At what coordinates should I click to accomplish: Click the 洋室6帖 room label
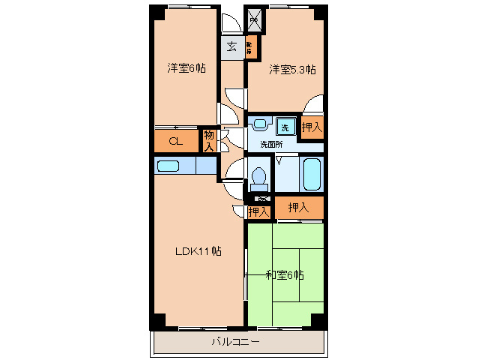[187, 68]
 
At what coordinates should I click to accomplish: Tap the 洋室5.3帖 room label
[292, 70]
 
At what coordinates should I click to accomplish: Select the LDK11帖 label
[199, 251]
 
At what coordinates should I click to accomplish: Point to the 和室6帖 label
[285, 274]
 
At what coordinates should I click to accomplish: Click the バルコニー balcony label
[235, 342]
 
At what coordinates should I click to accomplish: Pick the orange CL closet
[175, 141]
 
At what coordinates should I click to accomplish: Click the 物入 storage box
[209, 140]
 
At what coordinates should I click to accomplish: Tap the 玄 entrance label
[232, 46]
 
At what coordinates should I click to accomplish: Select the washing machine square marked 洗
[285, 126]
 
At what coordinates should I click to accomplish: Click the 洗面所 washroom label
[271, 144]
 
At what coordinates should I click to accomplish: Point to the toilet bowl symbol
[259, 178]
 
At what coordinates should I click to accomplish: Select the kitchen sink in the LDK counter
[175, 165]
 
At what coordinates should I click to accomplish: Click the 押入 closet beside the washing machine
[312, 127]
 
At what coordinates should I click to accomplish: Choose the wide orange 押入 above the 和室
[299, 207]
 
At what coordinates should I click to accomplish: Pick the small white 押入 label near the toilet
[258, 212]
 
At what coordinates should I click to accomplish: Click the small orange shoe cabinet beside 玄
[250, 46]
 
